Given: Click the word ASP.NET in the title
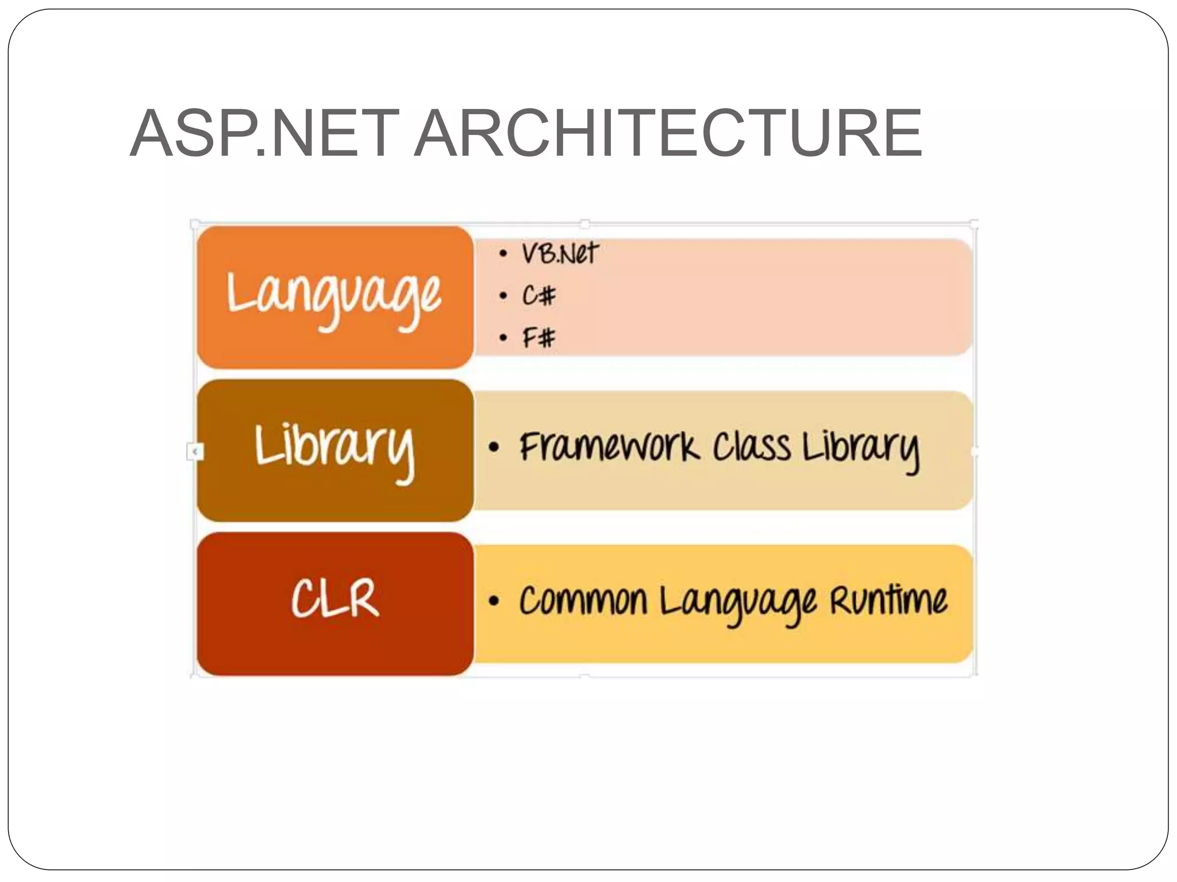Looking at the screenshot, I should pyautogui.click(x=264, y=133).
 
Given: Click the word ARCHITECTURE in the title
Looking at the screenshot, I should pyautogui.click(x=668, y=133).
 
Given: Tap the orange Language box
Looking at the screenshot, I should pyautogui.click(x=334, y=297).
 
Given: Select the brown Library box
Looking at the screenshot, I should pyautogui.click(x=334, y=450).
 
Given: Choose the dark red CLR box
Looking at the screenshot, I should pyautogui.click(x=334, y=603).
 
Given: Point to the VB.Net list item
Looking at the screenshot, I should pyautogui.click(x=559, y=253).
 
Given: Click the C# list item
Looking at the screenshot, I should pyautogui.click(x=539, y=296).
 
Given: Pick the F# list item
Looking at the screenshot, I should pyautogui.click(x=539, y=337).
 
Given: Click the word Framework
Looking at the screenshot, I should pyautogui.click(x=609, y=447).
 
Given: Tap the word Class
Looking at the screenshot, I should pyautogui.click(x=751, y=447).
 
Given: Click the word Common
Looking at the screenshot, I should pyautogui.click(x=583, y=601).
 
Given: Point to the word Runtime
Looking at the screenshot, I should pyautogui.click(x=888, y=601).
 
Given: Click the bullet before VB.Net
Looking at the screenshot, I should pyautogui.click(x=503, y=253).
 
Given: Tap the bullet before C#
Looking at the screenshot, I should pyautogui.click(x=503, y=296).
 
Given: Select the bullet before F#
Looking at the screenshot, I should pyautogui.click(x=503, y=338).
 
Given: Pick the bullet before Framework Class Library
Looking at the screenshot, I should pyautogui.click(x=494, y=447).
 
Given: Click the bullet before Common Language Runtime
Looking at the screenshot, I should pyautogui.click(x=494, y=601).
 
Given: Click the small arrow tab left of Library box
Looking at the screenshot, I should pyautogui.click(x=195, y=452).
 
